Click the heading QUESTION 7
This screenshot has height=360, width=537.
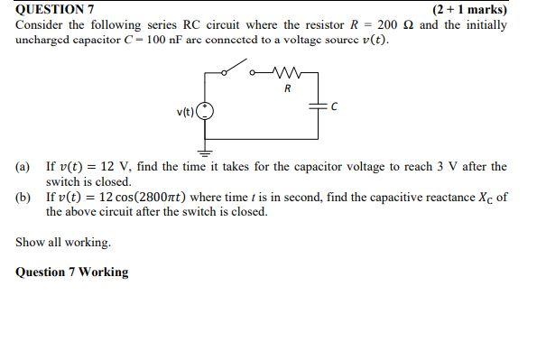coord(55,9)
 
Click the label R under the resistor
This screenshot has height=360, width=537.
coord(287,89)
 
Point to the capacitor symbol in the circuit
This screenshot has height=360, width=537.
coord(319,106)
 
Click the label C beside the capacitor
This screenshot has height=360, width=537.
coord(334,106)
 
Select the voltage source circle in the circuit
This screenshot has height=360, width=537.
coord(205,112)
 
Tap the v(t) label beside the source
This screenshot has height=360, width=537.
coord(185,112)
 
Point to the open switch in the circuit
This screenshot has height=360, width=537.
coord(237,68)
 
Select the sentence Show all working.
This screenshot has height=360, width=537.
coord(63,242)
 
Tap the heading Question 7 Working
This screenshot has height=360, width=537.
coord(72,272)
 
